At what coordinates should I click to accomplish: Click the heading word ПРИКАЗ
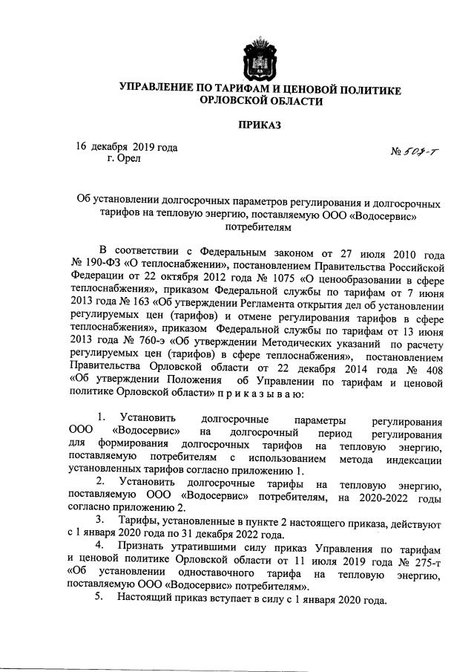[x=260, y=125]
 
